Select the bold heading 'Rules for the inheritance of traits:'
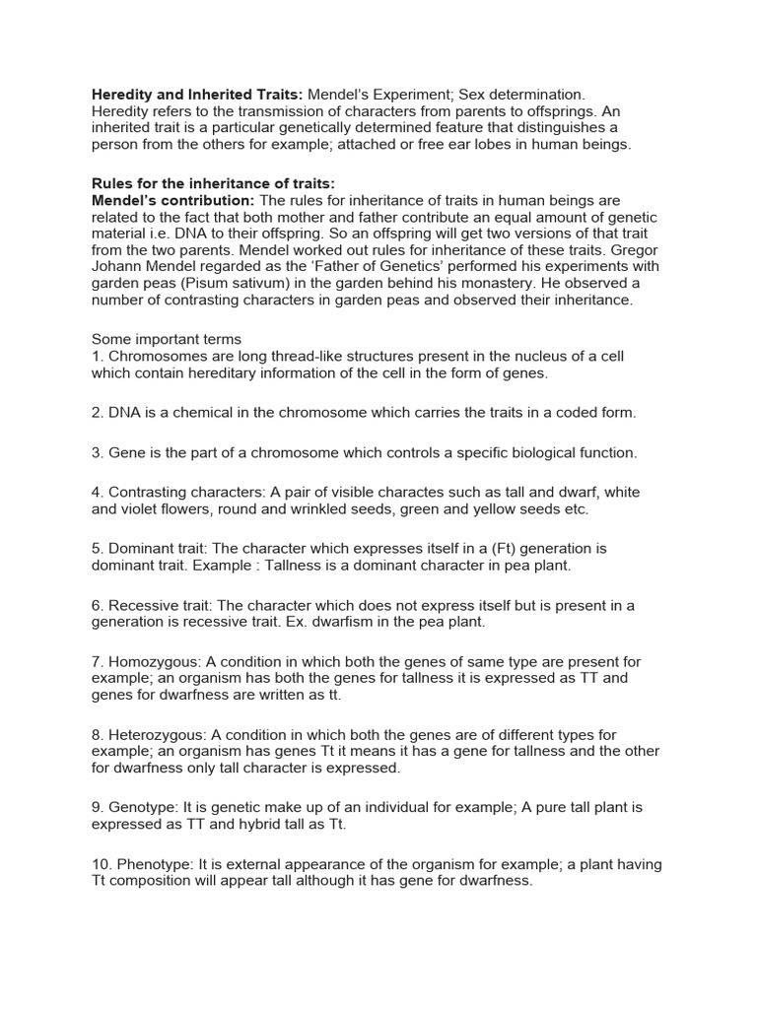click(x=214, y=184)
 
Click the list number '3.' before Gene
click(x=98, y=453)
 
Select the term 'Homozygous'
click(x=150, y=662)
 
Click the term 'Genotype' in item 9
click(x=139, y=807)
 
